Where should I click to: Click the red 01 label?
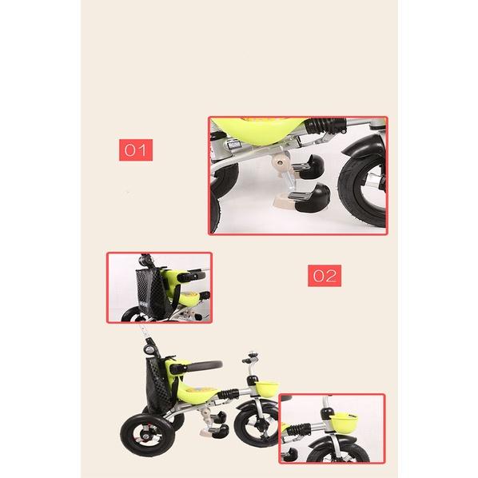point(136,150)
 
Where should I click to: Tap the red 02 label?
point(325,276)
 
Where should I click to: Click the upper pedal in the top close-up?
point(309,167)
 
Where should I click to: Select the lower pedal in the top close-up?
point(309,198)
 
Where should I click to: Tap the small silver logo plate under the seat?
point(233,144)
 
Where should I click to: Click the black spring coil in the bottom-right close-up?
point(299,428)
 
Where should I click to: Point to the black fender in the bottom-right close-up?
point(333,440)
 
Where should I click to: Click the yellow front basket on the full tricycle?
point(267,389)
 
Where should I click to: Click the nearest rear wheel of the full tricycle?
point(148,435)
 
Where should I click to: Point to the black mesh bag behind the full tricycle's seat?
point(159,384)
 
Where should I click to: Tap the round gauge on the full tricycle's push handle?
point(149,350)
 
